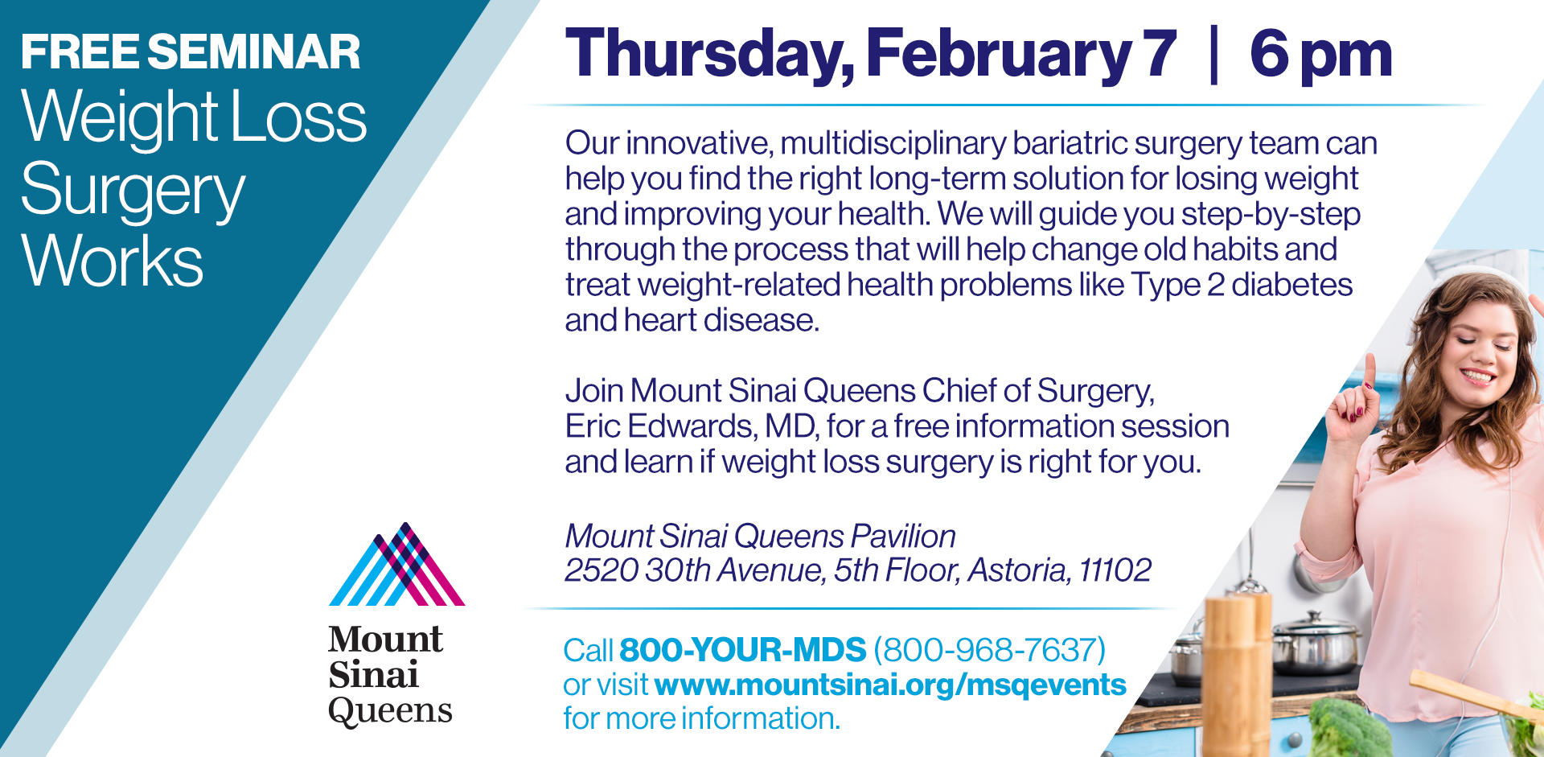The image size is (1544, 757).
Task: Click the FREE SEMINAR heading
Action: coord(191,52)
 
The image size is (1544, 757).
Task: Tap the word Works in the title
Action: coord(113,261)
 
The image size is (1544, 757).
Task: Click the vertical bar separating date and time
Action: coord(1213,55)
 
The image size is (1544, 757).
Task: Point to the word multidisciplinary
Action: coord(893,144)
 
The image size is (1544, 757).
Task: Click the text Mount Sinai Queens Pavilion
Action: coord(761,537)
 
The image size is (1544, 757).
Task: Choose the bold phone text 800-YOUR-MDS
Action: coord(742,650)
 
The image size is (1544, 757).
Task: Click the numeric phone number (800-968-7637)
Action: coord(990,650)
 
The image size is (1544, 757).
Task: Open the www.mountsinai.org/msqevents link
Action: coord(890,685)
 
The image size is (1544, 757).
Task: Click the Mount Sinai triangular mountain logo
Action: coord(397,564)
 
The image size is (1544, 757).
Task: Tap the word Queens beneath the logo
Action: coord(390,711)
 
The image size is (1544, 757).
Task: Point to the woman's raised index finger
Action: coord(1369,371)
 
